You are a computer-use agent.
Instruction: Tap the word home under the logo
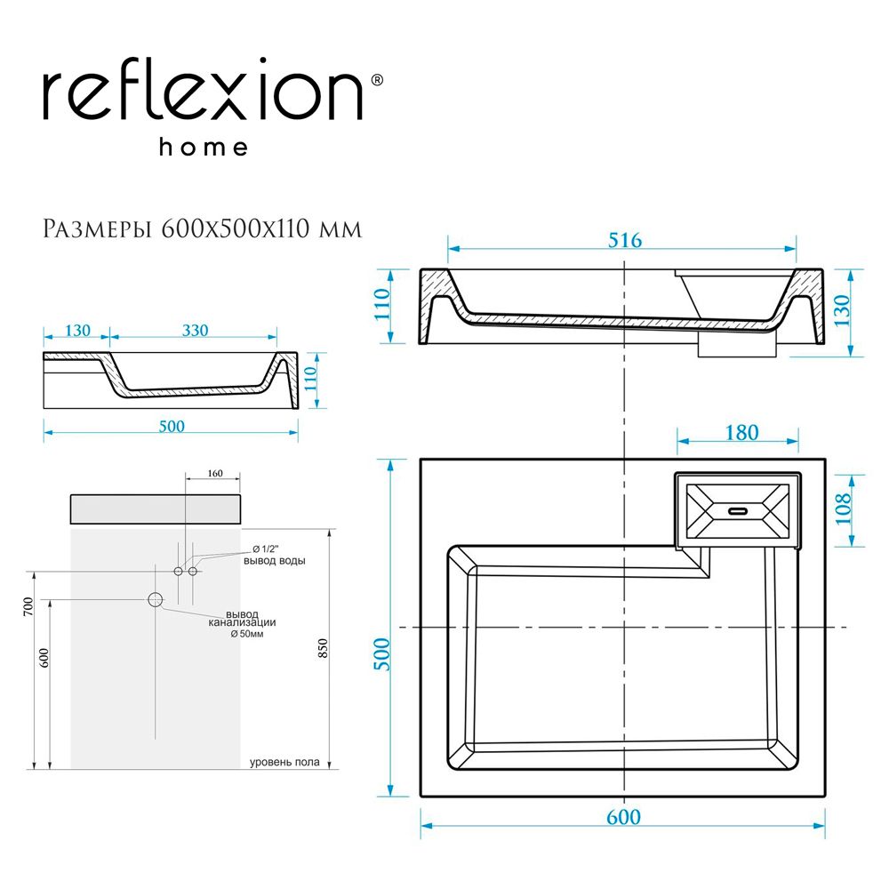pyautogui.click(x=204, y=148)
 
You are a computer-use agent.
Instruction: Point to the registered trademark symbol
pyautogui.click(x=376, y=80)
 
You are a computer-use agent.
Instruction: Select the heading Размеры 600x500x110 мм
pyautogui.click(x=203, y=228)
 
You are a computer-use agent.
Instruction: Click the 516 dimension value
pyautogui.click(x=623, y=240)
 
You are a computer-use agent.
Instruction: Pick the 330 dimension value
pyautogui.click(x=195, y=330)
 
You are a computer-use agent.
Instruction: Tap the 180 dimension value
pyautogui.click(x=741, y=432)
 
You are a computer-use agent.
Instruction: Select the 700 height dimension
pyautogui.click(x=28, y=607)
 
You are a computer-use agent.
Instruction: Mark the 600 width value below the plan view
pyautogui.click(x=623, y=816)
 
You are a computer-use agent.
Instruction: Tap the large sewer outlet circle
pyautogui.click(x=156, y=599)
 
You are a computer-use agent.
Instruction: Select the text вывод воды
pyautogui.click(x=274, y=561)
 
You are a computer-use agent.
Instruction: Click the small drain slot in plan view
pyautogui.click(x=739, y=511)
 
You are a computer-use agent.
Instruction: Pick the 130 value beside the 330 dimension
pyautogui.click(x=76, y=330)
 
